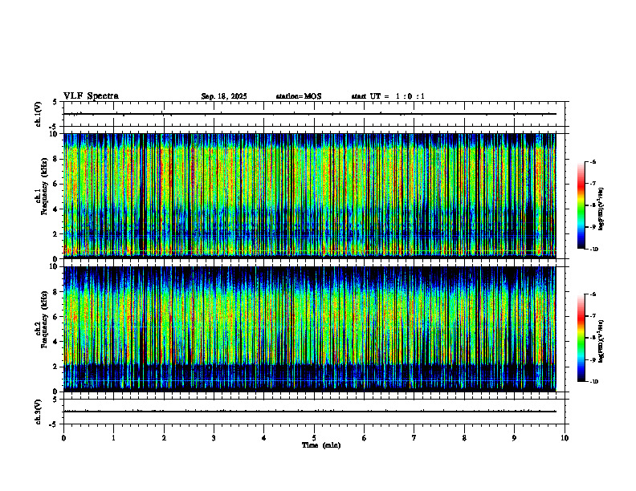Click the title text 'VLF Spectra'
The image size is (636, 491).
[x=91, y=96]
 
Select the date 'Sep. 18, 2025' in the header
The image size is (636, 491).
[x=224, y=97]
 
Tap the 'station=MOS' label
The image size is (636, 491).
[x=298, y=97]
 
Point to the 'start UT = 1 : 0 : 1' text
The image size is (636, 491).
[x=388, y=97]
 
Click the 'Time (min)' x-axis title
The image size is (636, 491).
[x=320, y=444]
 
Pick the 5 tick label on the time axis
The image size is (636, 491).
[x=314, y=438]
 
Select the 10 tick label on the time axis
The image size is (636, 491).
[x=565, y=438]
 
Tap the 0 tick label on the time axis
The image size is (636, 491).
[x=63, y=438]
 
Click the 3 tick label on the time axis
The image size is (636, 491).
[x=214, y=438]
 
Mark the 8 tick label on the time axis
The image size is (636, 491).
[x=464, y=438]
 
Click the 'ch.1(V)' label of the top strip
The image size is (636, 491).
[x=39, y=114]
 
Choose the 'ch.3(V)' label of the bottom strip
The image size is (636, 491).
[x=39, y=411]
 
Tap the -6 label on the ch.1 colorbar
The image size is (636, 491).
[x=593, y=162]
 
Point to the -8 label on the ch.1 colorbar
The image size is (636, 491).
[x=593, y=205]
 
